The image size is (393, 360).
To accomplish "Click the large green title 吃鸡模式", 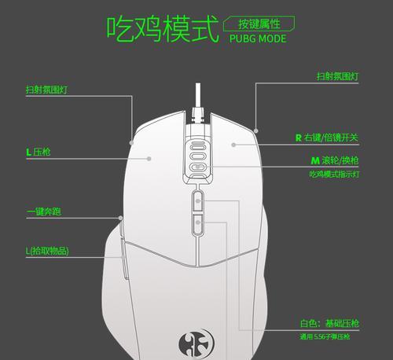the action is pos(163,28).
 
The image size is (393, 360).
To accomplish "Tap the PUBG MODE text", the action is pos(258,39).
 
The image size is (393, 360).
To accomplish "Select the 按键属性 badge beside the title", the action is pos(259,24).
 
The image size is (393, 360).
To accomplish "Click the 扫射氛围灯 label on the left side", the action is pos(46,90).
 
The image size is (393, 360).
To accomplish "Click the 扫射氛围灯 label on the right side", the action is pos(337,76).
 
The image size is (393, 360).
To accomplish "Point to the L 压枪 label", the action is pos(39,152).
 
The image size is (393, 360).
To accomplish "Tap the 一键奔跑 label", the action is pos(44,211).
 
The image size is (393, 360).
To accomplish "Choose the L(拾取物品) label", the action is pos(47,251).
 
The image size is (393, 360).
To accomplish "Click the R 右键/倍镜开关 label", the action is pos(327,138).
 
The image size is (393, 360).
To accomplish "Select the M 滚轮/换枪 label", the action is pos(335,160).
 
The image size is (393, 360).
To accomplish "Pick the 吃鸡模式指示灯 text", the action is pos(334,174).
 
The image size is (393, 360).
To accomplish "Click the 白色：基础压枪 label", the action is pos(329,323).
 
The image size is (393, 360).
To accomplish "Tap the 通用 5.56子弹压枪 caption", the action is pos(325,336).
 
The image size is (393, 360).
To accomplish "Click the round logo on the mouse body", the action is pos(196,343).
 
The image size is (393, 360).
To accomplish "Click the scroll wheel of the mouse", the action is pos(198,160).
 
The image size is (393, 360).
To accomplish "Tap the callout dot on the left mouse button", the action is pos(149,159).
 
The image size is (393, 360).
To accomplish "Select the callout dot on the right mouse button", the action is pos(233,145).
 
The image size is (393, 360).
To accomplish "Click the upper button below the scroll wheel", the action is pos(198,201).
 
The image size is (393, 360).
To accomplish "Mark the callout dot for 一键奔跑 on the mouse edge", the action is pos(120,218).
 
